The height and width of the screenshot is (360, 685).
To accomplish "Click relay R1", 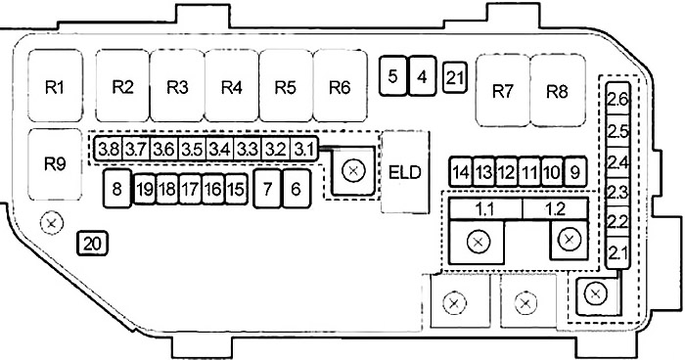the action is coord(55,86).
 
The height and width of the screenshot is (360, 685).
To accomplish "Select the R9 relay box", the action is coord(55,164).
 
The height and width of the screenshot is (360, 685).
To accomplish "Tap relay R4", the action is coord(232,86).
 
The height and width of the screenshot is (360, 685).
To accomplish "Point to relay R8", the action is coord(558,91).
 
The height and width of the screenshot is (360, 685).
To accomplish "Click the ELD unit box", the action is coord(405,172).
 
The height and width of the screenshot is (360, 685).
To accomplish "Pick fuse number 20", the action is coord(92,244).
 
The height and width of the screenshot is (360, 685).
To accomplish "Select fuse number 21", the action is coord(455,77).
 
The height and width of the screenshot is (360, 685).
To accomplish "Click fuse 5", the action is coord(392,75).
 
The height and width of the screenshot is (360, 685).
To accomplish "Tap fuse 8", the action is coord(116,188).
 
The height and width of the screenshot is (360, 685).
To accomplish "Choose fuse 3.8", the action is coord(108,149).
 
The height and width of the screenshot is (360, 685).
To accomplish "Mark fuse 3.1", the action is coord(304,149).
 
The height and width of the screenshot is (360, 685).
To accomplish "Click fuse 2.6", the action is coord(617,99).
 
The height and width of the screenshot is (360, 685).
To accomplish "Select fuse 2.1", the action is coord(617,252).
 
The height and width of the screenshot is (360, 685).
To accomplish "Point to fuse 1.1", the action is coord(485,209).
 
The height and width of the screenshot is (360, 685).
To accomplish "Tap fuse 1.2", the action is coord(555,209).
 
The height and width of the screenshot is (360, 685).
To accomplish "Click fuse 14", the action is coord(461,172).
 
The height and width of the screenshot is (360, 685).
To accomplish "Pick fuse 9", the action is coord(575,172).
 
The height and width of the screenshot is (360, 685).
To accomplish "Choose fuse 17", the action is coord(190,189).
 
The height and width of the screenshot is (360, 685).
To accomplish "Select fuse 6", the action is coord(297,188).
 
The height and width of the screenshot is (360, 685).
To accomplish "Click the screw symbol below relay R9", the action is coord(52,223).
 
